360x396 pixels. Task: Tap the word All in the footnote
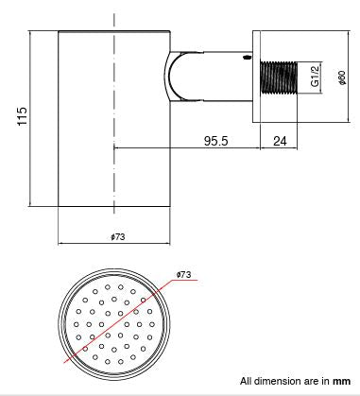[247, 382]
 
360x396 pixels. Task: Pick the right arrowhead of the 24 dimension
[301, 149]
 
